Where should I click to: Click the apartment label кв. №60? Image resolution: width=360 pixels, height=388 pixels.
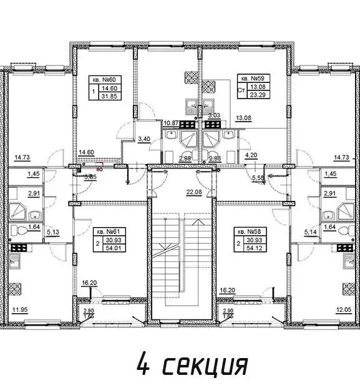pos(102,80)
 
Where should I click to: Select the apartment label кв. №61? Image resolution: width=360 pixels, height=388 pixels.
pos(102,231)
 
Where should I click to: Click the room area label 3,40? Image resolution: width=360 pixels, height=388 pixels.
pos(144,138)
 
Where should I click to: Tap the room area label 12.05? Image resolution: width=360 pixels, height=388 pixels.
pos(341,308)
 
